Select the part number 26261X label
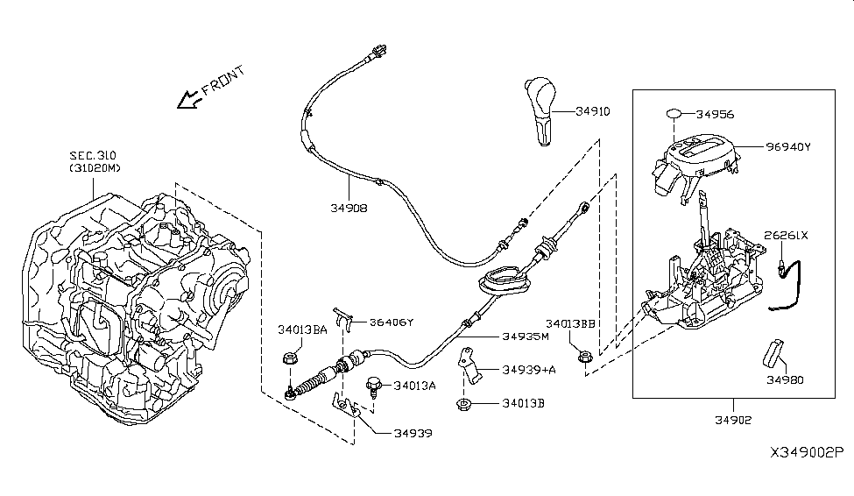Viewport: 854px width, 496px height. (786, 235)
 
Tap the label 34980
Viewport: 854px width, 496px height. (786, 380)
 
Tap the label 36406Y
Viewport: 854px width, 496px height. (391, 322)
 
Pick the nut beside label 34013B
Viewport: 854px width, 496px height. (462, 403)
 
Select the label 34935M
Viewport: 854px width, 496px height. (526, 336)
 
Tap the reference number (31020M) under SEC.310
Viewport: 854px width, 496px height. (94, 168)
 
